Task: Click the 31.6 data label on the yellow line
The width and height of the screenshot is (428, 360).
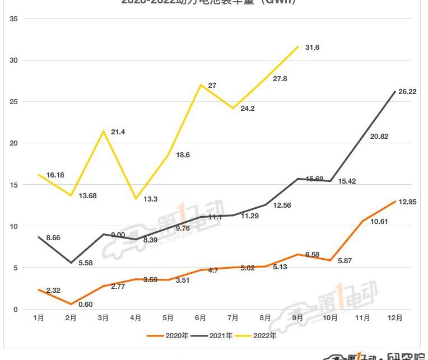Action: (x=312, y=48)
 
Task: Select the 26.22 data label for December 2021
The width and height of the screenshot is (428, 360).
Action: (x=407, y=91)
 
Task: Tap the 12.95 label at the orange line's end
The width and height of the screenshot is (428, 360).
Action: (x=407, y=202)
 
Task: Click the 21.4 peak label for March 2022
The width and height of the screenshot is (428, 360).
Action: (x=118, y=132)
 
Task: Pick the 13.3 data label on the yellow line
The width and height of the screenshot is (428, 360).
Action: (x=151, y=199)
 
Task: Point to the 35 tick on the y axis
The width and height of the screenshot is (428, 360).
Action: (x=14, y=19)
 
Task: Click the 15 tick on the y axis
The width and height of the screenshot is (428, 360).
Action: (x=14, y=185)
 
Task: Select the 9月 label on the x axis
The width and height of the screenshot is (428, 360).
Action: (x=297, y=318)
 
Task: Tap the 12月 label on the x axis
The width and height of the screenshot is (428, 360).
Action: (x=395, y=318)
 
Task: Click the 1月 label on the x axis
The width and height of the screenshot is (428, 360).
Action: (x=39, y=318)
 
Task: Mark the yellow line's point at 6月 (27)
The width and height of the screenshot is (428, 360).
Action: (x=201, y=85)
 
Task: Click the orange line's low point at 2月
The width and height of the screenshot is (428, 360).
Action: (x=71, y=304)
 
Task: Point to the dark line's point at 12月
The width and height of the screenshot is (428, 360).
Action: (x=396, y=92)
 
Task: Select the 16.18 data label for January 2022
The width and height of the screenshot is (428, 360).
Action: (x=55, y=175)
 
